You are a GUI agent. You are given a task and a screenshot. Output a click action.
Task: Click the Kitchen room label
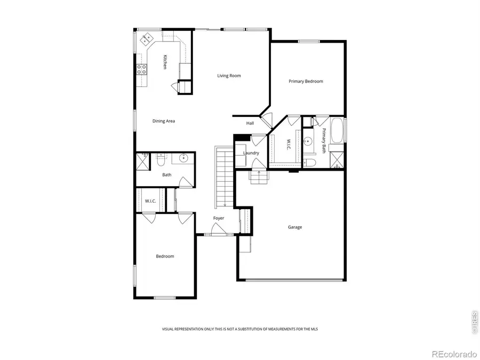pyautogui.click(x=165, y=62)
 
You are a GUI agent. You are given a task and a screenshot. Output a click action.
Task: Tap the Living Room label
pyautogui.click(x=229, y=76)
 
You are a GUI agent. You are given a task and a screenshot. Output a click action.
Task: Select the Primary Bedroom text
pyautogui.click(x=306, y=81)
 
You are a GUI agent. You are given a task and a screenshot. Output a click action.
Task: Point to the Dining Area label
pyautogui.click(x=163, y=121)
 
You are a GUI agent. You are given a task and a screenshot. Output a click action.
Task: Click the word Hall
pyautogui.click(x=250, y=123)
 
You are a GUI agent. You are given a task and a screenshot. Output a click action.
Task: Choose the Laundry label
pyautogui.click(x=251, y=153)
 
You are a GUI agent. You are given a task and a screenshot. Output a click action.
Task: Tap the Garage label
pyautogui.click(x=295, y=227)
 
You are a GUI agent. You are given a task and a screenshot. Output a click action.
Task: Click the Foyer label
pyautogui.click(x=219, y=218)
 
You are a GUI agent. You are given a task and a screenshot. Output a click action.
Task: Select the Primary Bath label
pyautogui.click(x=324, y=140)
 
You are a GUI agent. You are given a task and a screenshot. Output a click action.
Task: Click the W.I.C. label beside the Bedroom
pyautogui.click(x=150, y=201)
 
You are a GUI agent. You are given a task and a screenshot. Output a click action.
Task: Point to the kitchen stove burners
pyautogui.click(x=142, y=68)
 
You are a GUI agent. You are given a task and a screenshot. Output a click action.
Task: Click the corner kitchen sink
pyautogui.click(x=146, y=39)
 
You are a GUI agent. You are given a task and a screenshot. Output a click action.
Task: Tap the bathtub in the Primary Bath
pyautogui.click(x=337, y=132)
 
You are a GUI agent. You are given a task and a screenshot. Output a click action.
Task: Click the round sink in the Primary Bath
pyautogui.click(x=308, y=142)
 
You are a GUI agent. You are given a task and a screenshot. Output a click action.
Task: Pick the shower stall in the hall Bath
pyautogui.click(x=142, y=161)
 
